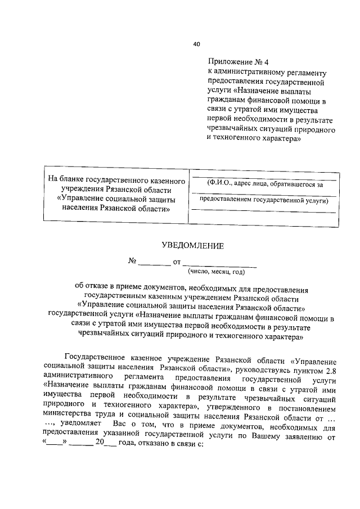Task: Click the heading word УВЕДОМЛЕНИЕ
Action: [193, 245]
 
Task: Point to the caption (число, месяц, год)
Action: [219, 272]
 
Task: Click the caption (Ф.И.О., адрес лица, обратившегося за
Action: [264, 183]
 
